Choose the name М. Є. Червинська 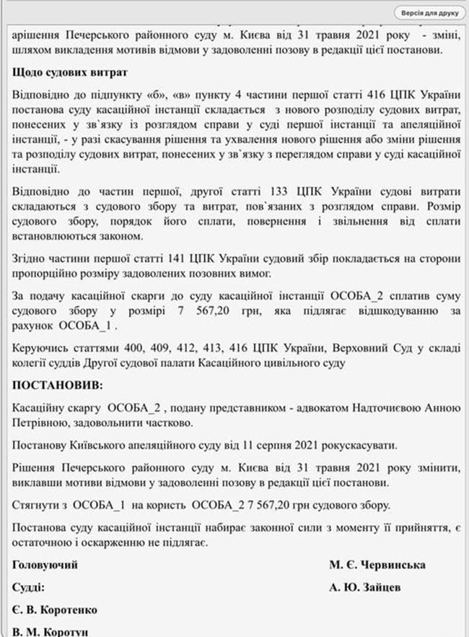click(378, 565)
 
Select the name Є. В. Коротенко click(55, 610)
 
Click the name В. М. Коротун click(51, 632)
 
